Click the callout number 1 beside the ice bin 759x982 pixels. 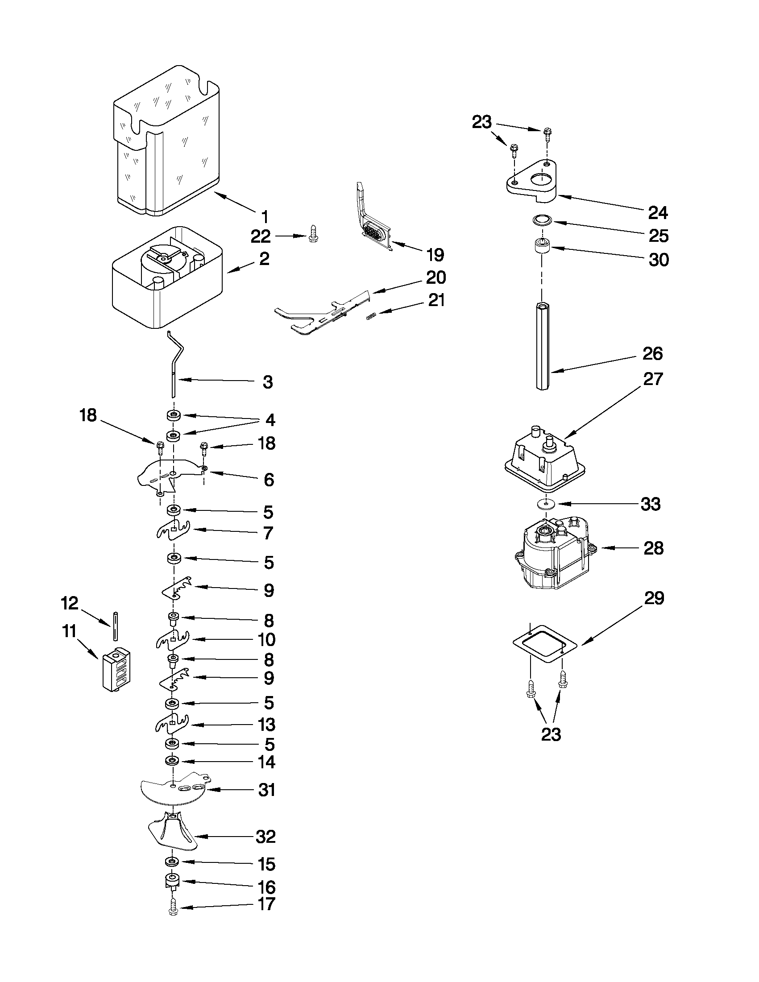point(265,217)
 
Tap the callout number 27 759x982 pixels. point(653,379)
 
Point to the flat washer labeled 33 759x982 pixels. point(545,504)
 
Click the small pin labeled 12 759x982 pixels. point(116,626)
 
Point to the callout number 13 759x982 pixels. point(266,725)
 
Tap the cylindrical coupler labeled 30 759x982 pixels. point(542,248)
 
